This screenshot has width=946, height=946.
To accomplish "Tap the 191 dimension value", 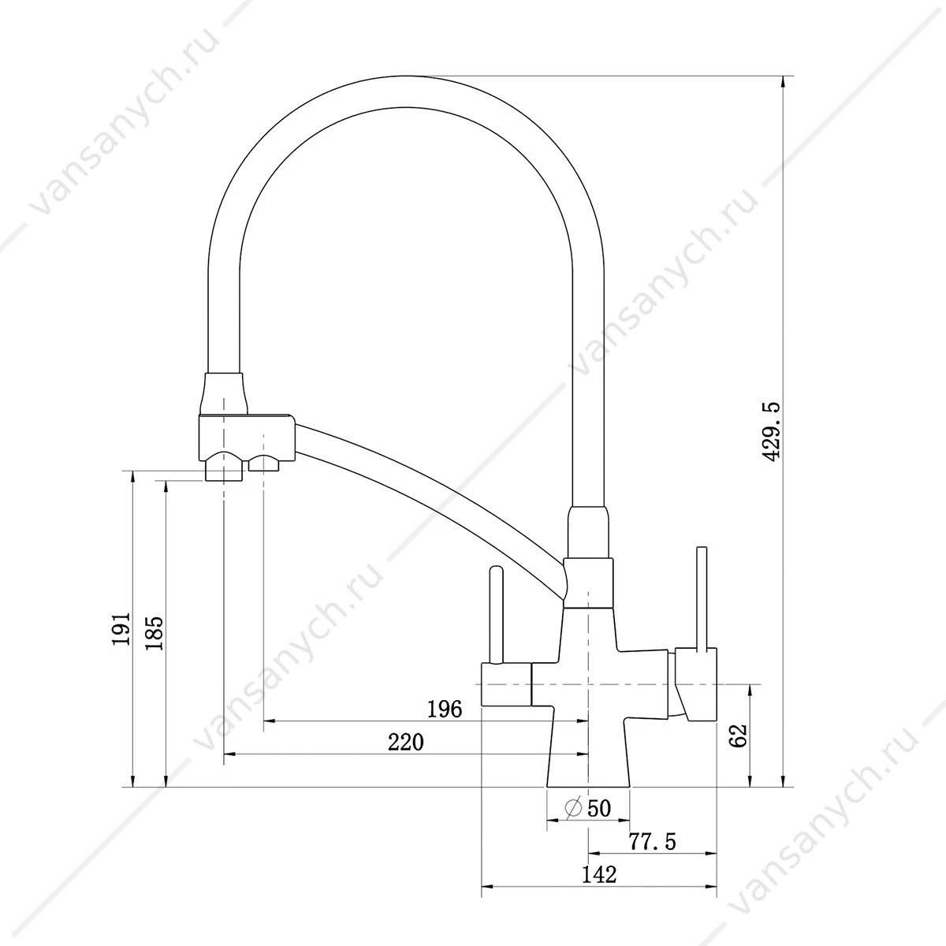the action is click(x=121, y=629).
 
